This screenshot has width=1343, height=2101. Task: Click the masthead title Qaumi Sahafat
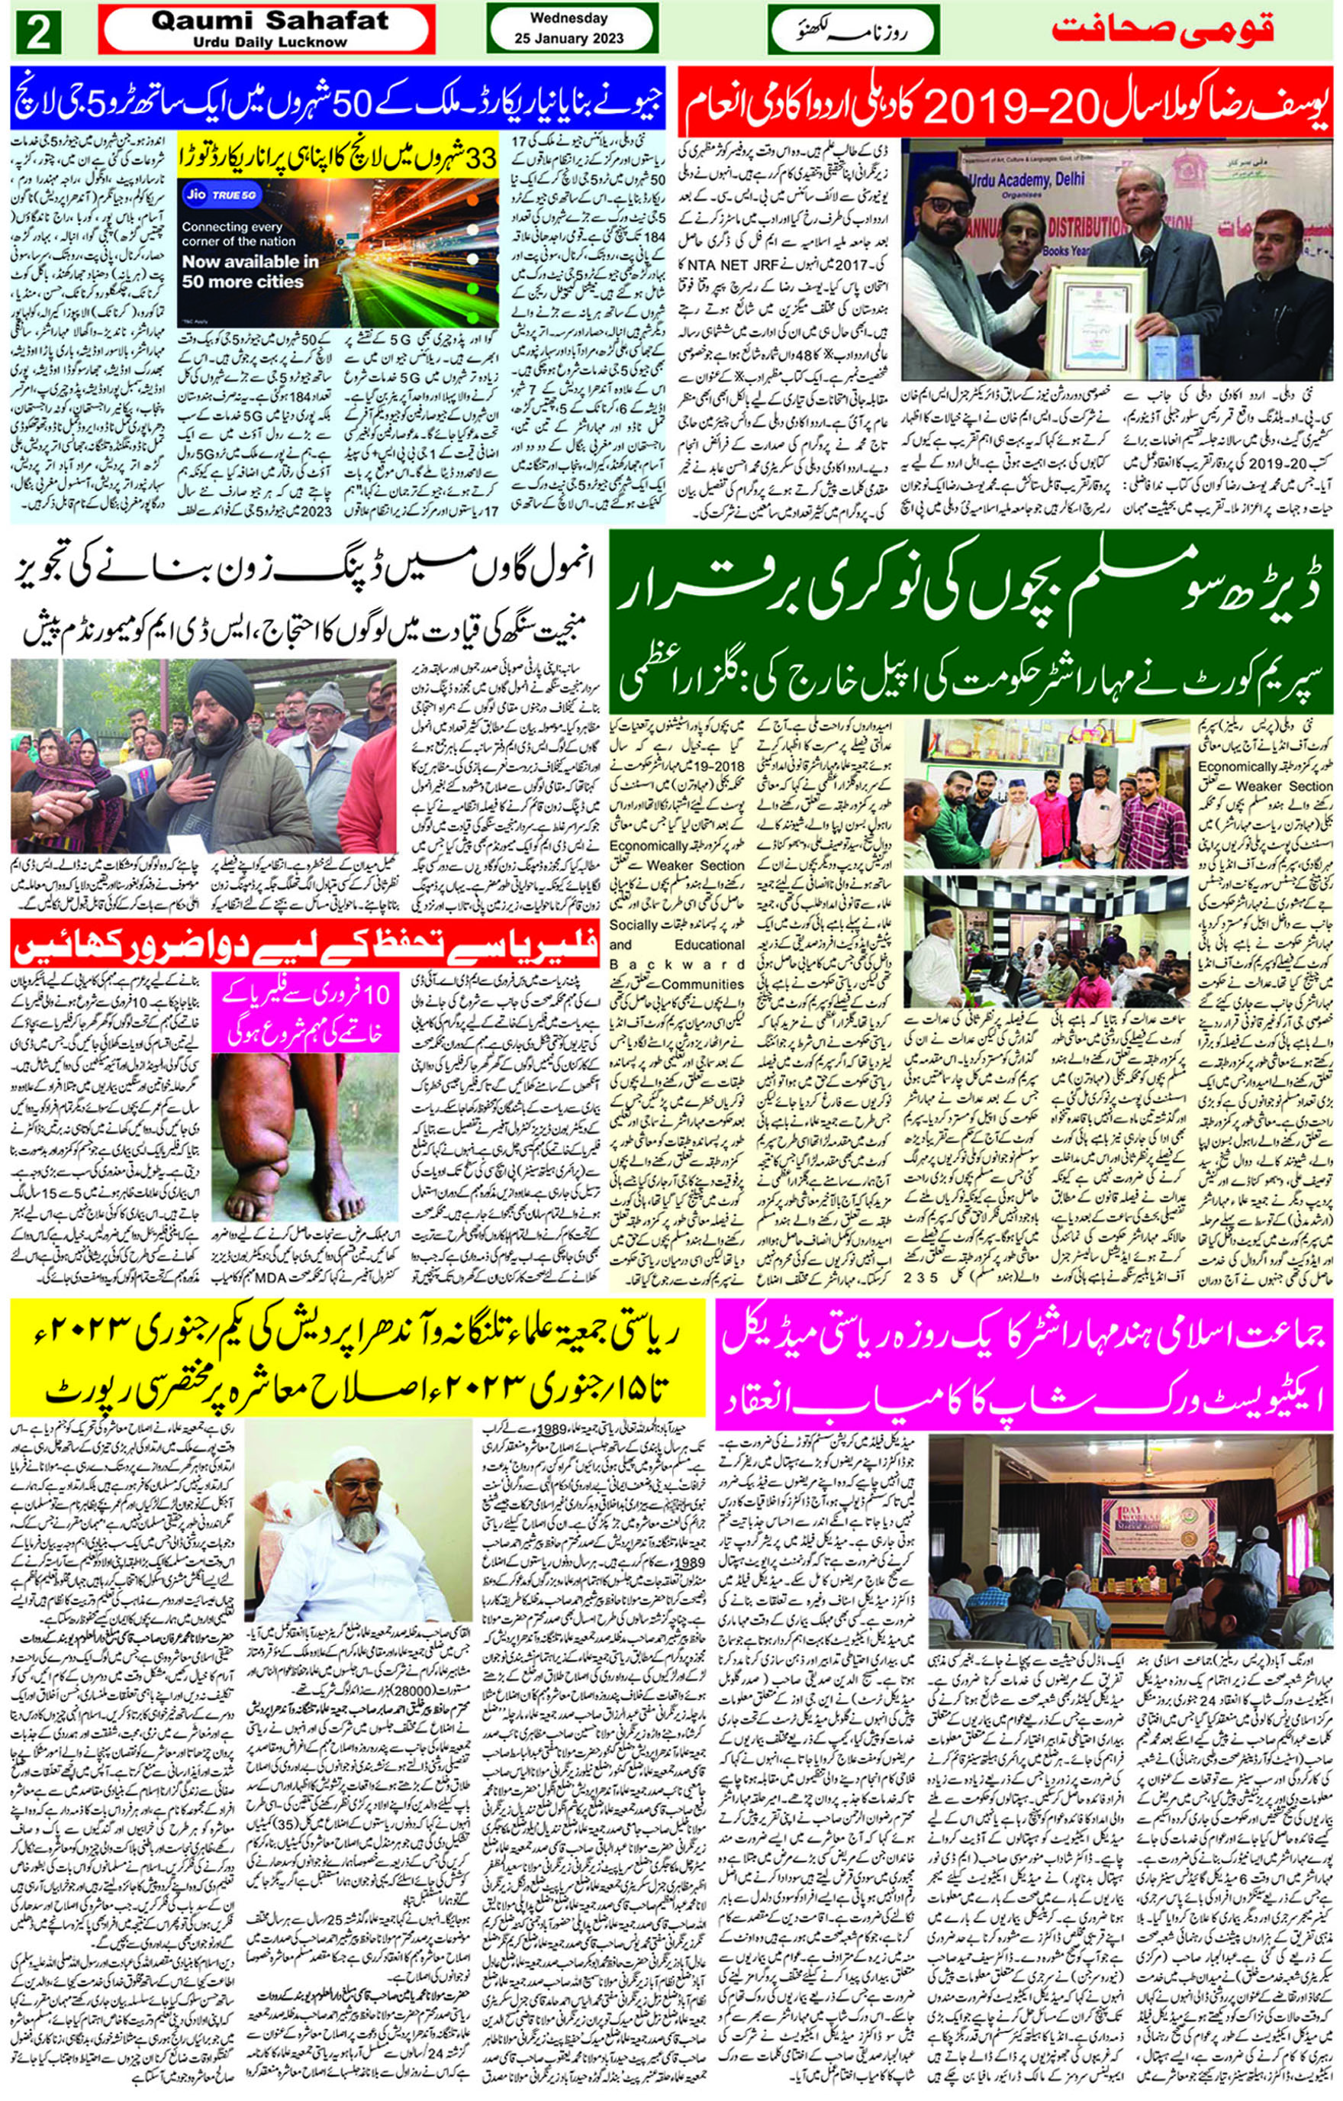[x=269, y=20]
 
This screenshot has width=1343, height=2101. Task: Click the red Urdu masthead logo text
[x=1164, y=31]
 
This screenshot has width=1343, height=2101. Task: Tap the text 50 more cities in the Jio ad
[x=243, y=281]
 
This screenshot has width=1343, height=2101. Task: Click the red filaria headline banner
[x=301, y=944]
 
